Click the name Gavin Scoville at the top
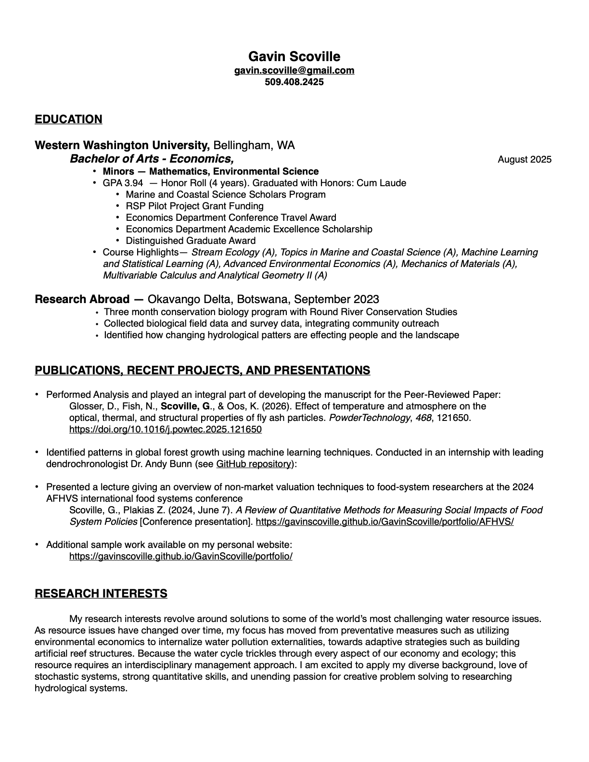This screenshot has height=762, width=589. coord(294,57)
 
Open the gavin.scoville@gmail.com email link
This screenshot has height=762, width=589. coord(294,70)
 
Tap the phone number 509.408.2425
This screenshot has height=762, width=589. coord(294,82)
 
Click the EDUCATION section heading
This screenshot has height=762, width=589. coord(68,119)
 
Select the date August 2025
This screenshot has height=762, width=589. coord(525,160)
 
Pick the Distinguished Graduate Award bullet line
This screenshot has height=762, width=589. coord(191,241)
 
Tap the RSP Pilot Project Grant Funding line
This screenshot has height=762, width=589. coord(194,206)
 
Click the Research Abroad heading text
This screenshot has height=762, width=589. coord(82,299)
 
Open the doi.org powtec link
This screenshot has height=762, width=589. coord(166,429)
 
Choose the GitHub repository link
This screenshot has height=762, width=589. coord(254,464)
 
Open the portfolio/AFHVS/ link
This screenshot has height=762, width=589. coord(384,521)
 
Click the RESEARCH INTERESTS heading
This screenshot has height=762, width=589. coord(101,594)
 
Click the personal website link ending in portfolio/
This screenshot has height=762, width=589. coord(181,556)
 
